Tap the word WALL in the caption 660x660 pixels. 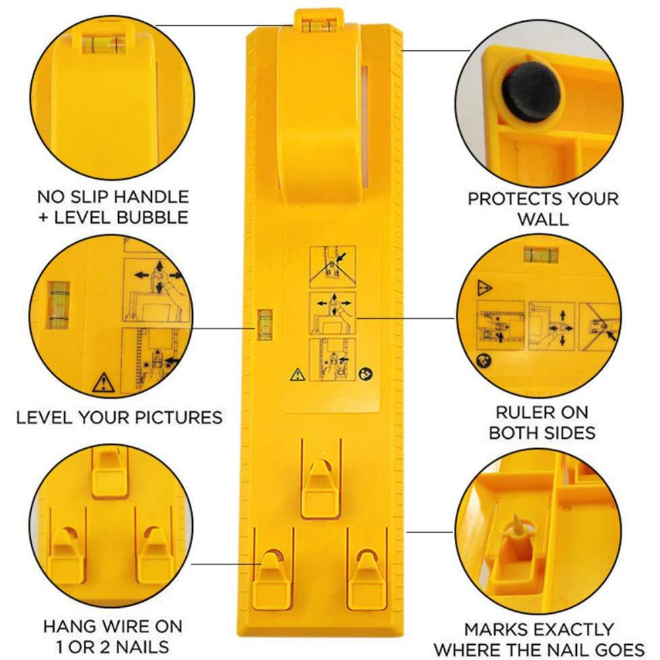(542, 219)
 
